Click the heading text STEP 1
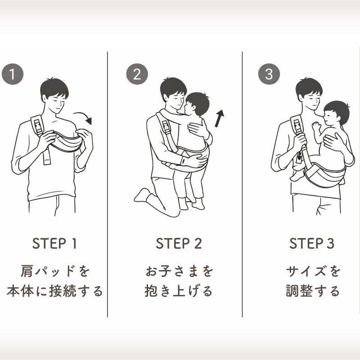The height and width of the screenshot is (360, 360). [54, 244]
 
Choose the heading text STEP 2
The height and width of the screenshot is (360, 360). [179, 244]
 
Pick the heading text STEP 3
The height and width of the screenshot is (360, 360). [312, 244]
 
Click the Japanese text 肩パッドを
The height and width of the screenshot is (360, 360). [55, 271]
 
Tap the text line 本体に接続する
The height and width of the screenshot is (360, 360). [55, 291]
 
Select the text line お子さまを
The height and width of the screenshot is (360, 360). [179, 271]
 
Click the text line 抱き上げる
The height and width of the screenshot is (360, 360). [179, 291]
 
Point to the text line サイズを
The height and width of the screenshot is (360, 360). [313, 271]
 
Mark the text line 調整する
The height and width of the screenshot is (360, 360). [313, 291]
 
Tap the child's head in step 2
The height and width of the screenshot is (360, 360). [198, 104]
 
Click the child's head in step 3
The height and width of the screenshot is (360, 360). [336, 114]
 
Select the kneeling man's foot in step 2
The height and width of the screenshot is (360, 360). [142, 195]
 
